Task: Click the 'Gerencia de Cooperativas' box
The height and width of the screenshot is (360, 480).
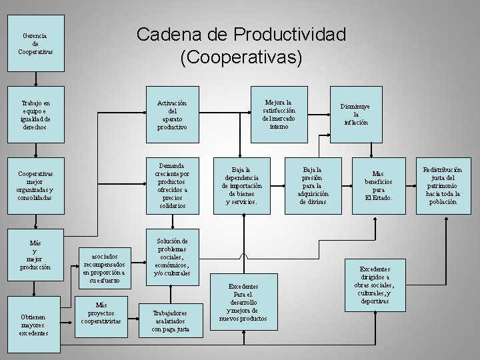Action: pyautogui.click(x=35, y=44)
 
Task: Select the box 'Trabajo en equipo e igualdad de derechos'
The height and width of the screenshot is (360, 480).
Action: pyautogui.click(x=35, y=115)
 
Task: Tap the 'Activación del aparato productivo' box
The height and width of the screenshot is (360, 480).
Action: pyautogui.click(x=173, y=115)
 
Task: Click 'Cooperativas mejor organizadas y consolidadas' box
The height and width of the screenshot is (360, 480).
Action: pyautogui.click(x=35, y=185)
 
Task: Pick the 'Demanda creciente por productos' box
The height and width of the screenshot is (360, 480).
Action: pyautogui.click(x=173, y=185)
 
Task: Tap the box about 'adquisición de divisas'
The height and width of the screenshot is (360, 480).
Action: pyautogui.click(x=312, y=185)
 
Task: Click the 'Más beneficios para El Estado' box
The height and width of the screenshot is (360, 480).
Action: pyautogui.click(x=378, y=185)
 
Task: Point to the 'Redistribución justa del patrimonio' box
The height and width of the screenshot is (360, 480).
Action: pyautogui.click(x=443, y=185)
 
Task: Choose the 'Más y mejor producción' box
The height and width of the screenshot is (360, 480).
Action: pyautogui.click(x=35, y=255)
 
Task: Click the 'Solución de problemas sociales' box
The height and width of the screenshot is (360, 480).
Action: pyautogui.click(x=172, y=257)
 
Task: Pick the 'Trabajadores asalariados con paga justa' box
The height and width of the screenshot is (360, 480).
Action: pyautogui.click(x=170, y=321)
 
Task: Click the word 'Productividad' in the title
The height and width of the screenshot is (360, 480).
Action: pyautogui.click(x=291, y=34)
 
